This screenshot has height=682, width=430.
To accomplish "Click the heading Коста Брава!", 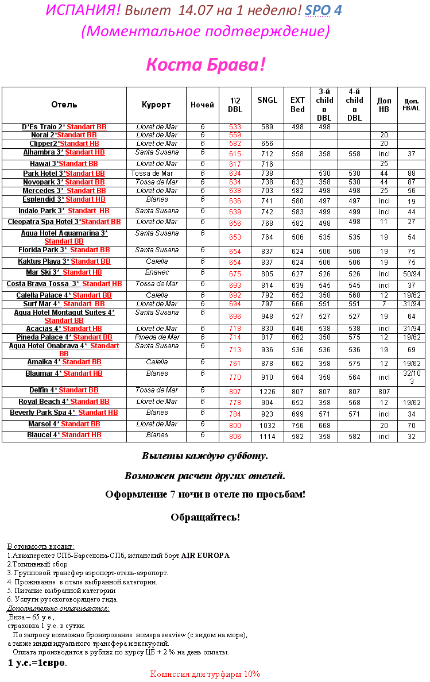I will [x=206, y=64].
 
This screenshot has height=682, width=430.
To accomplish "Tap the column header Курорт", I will [x=156, y=105].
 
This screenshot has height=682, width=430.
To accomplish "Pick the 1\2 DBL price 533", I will [x=235, y=127].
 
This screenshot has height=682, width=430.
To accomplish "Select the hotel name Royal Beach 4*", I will [x=44, y=402].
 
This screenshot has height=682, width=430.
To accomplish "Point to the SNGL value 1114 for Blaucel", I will [x=267, y=437].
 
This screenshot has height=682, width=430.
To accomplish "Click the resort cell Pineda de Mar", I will [x=157, y=337].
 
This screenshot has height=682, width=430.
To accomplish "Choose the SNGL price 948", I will [x=267, y=317].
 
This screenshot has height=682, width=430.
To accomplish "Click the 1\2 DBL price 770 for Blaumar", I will [x=235, y=377].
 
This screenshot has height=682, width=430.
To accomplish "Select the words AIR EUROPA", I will [x=206, y=556].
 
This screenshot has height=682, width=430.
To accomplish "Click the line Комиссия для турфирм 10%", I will [x=205, y=674].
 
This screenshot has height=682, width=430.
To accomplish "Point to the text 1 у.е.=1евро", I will [x=37, y=663].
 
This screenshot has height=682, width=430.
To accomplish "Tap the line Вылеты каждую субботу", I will [x=205, y=456].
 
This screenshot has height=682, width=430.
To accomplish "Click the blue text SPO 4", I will [x=323, y=10].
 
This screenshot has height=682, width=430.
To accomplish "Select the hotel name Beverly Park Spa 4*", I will [x=42, y=413].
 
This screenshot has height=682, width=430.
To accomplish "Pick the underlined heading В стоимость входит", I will [x=41, y=546].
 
